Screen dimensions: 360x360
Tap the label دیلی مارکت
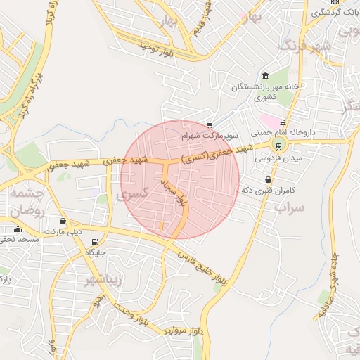pyautogui.click(x=63, y=231)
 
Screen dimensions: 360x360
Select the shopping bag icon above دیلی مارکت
pyautogui.click(x=63, y=221)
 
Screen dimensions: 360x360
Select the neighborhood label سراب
pyautogui.click(x=289, y=208)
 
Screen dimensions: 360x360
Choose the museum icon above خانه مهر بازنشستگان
pyautogui.click(x=265, y=76)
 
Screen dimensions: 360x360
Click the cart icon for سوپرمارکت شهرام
pyautogui.click(x=210, y=124)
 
